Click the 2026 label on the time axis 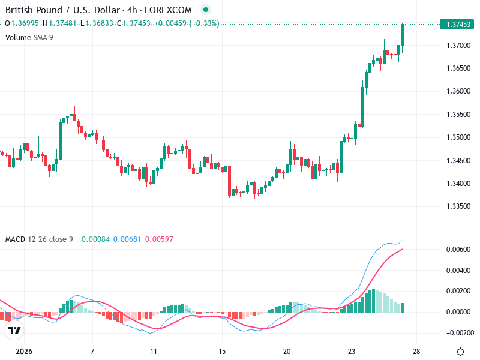click(24, 352)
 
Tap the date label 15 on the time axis click(222, 352)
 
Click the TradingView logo click(14, 331)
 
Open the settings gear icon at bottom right click(460, 352)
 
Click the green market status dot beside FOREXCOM click(206, 10)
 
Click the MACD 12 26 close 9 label click(39, 239)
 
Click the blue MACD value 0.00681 click(126, 239)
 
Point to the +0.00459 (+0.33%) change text click(187, 23)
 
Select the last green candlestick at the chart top click(402, 35)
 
